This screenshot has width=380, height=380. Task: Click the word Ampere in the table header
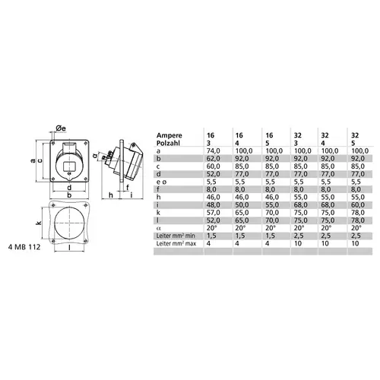pos(170,134)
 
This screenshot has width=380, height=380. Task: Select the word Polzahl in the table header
pos(169,142)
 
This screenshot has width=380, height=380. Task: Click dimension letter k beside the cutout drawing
pos(38,224)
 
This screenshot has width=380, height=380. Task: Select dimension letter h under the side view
pos(112,195)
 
